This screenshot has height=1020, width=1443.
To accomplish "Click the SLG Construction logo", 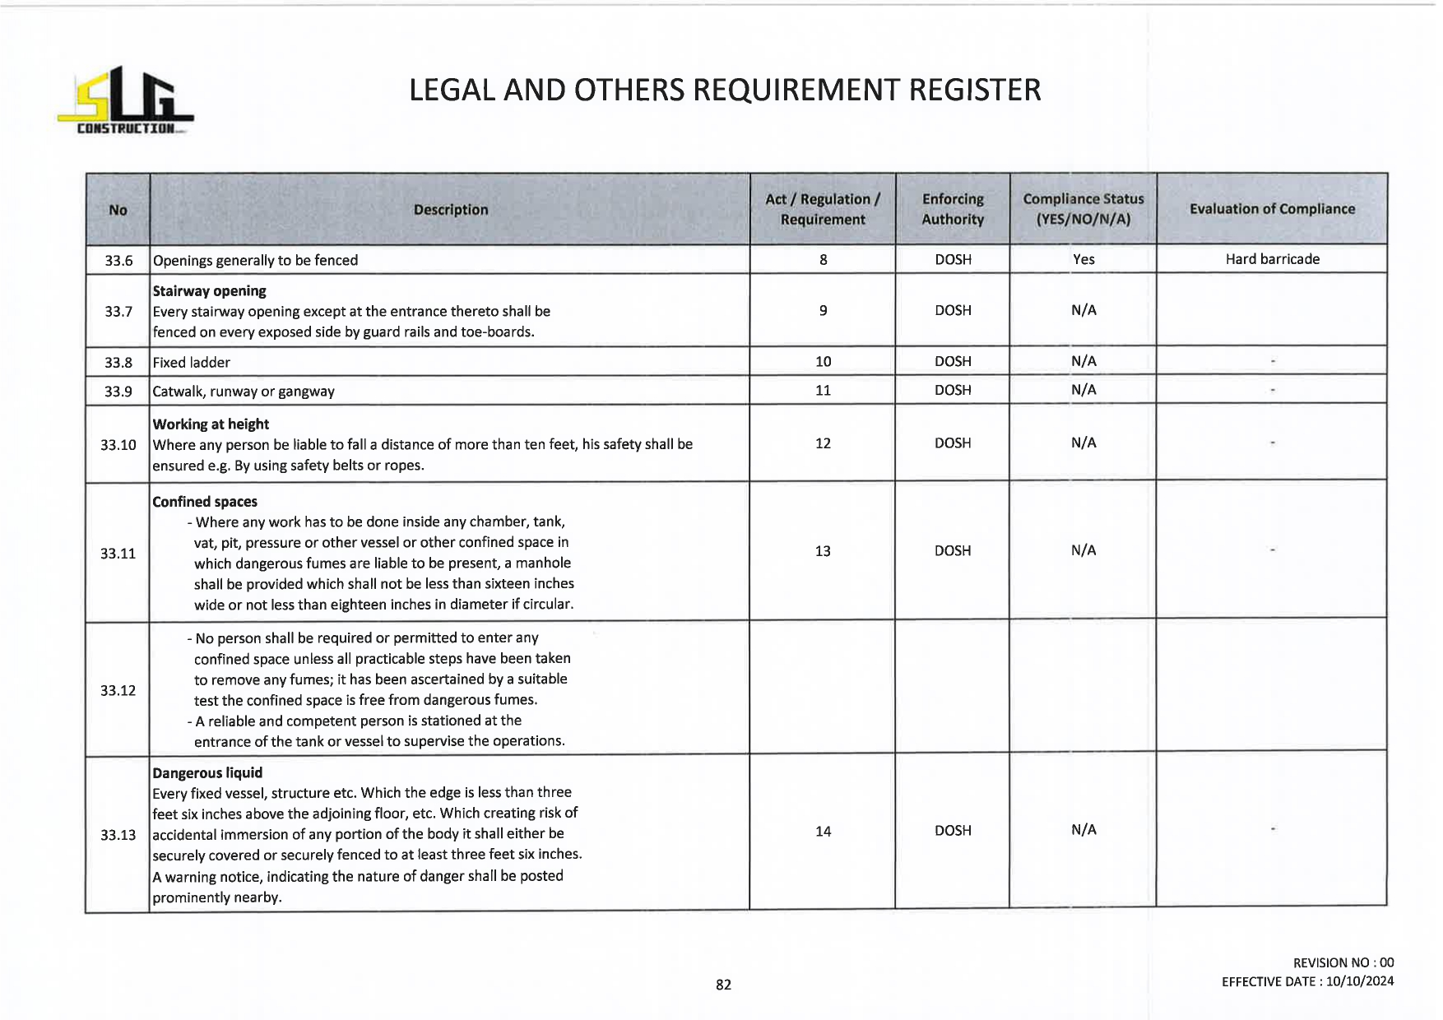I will point(125,100).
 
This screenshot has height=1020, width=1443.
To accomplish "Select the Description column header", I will point(450,210).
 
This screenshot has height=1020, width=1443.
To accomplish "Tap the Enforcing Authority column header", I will point(953,209).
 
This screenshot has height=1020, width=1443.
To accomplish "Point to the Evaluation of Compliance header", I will point(1272,209).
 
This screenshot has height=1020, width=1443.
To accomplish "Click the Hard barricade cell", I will point(1272,259).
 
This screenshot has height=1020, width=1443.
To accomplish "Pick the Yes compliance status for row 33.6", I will point(1083,259).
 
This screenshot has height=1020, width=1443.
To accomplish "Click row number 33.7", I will point(118,311).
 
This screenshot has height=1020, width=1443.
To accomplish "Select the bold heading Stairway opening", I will point(210,291).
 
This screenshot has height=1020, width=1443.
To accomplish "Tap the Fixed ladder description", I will point(192,362).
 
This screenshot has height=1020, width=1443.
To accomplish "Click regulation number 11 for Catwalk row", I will point(823,390).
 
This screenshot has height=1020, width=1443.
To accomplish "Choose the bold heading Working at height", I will point(211,424).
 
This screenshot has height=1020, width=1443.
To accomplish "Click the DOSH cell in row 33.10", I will point(953,443).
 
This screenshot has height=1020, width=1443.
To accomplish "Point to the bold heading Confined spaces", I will point(205,502).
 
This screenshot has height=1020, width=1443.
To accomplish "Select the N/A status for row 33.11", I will point(1083,550).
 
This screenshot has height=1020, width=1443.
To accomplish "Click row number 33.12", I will point(118,690).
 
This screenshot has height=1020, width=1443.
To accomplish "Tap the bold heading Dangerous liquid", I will point(207,773).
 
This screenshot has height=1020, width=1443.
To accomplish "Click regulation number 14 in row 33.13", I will point(823,831).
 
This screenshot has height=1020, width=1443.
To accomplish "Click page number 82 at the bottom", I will point(723,985).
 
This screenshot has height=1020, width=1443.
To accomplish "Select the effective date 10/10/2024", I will point(1360,981).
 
